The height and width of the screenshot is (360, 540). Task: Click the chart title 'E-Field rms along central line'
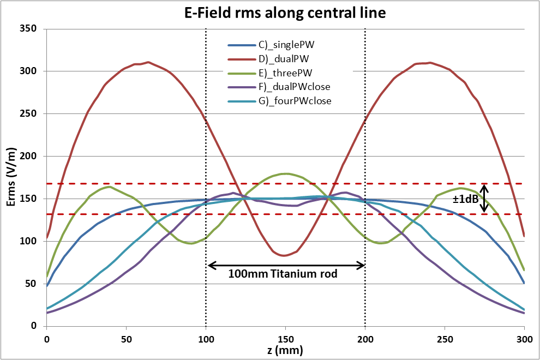(x=285, y=13)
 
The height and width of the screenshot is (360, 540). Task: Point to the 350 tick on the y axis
(x=28, y=28)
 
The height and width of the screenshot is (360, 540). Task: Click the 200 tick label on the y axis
(x=28, y=156)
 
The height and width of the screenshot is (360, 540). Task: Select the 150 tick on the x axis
(x=285, y=338)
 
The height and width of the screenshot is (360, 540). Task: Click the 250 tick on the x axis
(x=445, y=338)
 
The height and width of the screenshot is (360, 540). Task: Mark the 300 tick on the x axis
(x=524, y=338)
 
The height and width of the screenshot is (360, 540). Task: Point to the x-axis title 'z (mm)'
(x=285, y=351)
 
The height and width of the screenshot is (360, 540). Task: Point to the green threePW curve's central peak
(x=285, y=173)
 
